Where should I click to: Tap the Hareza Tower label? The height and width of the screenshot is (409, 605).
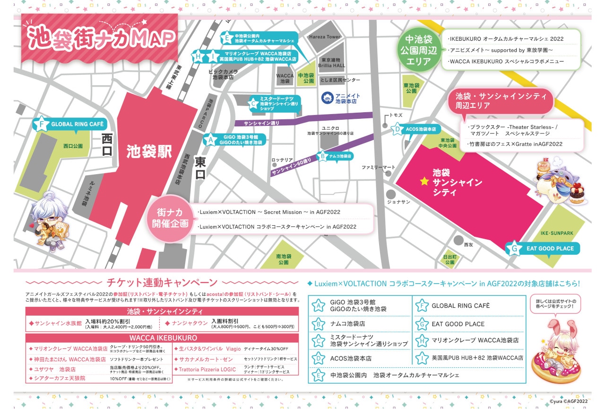(325, 37)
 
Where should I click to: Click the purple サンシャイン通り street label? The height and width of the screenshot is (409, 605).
(261, 123)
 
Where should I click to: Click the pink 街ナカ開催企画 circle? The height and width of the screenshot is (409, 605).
(171, 218)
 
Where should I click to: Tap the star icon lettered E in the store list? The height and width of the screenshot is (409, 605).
(319, 375)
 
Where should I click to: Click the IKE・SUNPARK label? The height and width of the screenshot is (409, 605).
(557, 233)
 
